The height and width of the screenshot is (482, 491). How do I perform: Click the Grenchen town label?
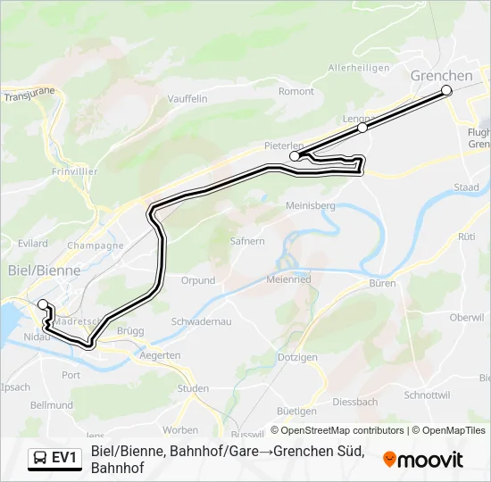(x=441, y=76)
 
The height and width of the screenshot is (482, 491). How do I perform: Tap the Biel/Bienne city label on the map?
(x=44, y=270)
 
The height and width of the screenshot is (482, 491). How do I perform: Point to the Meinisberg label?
(x=310, y=205)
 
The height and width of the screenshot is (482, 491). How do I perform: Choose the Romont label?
(x=296, y=91)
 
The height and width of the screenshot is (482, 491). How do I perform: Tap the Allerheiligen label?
(x=359, y=68)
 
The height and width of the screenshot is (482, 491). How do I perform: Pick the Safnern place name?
(x=247, y=241)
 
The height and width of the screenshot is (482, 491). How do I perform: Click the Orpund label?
(x=197, y=280)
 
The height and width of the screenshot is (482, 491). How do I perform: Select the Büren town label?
(x=382, y=283)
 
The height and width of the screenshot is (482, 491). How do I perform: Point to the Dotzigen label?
(x=297, y=357)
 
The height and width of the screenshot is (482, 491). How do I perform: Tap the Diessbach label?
(x=354, y=402)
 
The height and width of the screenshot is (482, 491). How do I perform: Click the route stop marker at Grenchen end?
(x=446, y=90)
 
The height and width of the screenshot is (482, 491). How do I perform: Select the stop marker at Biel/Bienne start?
(x=42, y=304)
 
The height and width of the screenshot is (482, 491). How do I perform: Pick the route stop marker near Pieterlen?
(x=295, y=156)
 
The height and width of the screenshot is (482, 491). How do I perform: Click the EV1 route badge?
(x=54, y=459)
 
